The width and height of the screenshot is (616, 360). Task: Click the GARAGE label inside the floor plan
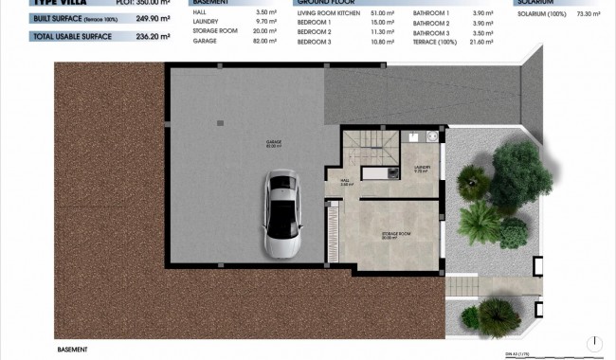click(x=274, y=144)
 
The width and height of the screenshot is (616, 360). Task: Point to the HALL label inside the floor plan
click(x=346, y=183)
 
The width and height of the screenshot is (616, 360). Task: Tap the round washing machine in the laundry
click(x=432, y=136)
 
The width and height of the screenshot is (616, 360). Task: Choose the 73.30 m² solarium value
click(x=592, y=14)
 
